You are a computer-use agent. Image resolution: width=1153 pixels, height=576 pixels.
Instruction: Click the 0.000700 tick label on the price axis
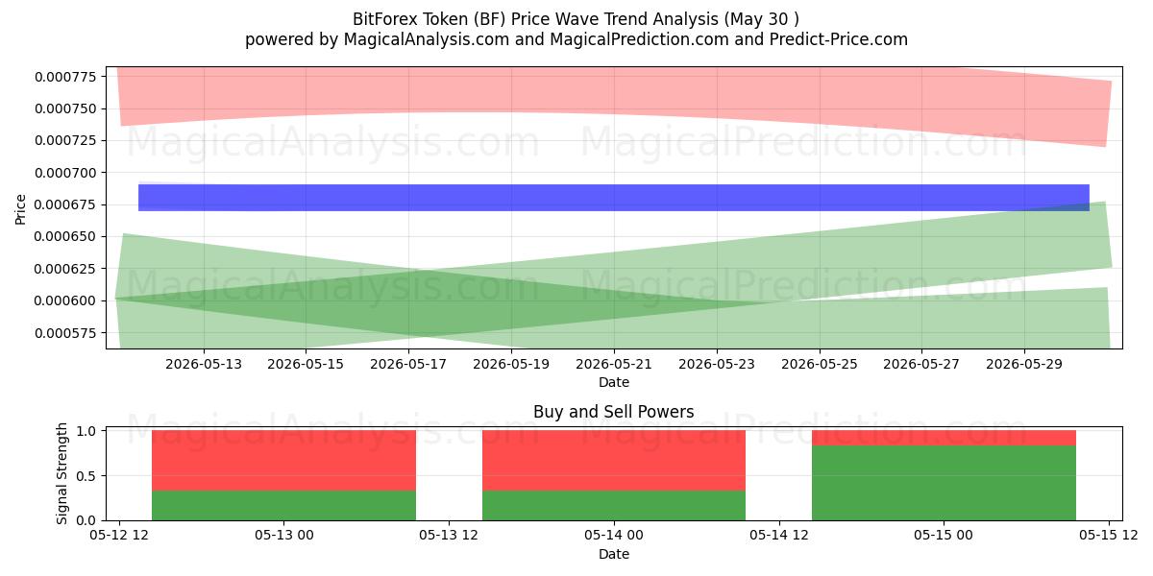point(65,173)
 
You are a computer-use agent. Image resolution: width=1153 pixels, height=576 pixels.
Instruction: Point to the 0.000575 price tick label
point(65,333)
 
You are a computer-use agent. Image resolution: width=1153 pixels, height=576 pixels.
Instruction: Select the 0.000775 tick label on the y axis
point(65,77)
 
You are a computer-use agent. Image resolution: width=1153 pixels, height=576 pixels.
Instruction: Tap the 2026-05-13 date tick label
point(204,364)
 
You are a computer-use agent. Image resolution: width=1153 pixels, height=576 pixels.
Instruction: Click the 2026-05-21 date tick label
point(614,364)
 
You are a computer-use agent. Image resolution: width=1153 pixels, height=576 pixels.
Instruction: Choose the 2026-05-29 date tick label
point(1024,364)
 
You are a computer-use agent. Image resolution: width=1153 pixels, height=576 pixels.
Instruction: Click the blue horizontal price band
point(614,198)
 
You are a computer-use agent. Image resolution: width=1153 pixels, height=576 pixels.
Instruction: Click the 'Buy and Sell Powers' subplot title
point(614,412)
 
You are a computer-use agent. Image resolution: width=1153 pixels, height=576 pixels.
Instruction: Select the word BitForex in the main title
point(385,19)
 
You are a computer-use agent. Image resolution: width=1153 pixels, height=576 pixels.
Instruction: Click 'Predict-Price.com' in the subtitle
point(839,39)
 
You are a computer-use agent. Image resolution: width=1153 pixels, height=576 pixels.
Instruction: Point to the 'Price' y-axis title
point(20,209)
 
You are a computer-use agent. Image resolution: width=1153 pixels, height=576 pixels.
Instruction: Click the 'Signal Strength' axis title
point(61,473)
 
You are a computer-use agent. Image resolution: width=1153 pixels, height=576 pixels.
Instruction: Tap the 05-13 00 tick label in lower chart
point(284,536)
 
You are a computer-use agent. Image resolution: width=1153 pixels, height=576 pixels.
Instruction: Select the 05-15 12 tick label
point(1108,536)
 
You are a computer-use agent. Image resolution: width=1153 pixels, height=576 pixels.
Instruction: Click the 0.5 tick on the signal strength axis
point(86,476)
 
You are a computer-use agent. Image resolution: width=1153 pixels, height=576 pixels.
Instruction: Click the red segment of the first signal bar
point(283,460)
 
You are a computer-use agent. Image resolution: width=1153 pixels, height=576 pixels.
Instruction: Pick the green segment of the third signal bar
point(944,483)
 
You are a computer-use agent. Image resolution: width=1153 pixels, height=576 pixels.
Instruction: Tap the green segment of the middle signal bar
point(614,506)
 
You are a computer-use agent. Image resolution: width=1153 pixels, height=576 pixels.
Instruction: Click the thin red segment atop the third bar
point(944,438)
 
